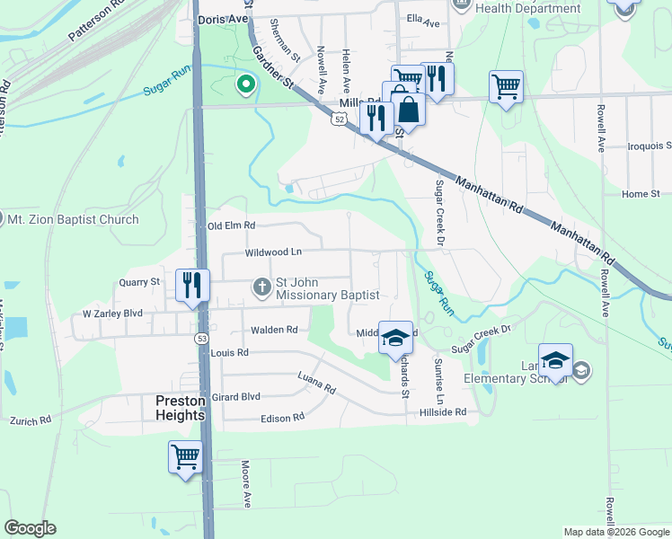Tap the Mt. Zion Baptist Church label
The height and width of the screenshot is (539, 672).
(x=73, y=219)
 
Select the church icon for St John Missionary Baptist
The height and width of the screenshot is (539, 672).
(x=261, y=287)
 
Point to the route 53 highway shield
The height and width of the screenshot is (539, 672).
(x=202, y=338)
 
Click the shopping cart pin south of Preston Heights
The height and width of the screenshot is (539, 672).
(x=185, y=456)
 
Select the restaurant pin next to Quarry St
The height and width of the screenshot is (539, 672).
(x=192, y=285)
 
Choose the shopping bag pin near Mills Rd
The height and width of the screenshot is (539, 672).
(x=408, y=110)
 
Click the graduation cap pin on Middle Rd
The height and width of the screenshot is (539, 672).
(x=394, y=338)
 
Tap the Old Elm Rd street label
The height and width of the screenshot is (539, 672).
(x=231, y=225)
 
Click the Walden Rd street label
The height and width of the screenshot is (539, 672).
(x=274, y=330)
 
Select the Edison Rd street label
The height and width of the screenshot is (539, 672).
(x=282, y=418)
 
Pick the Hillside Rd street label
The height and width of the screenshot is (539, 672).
(x=443, y=412)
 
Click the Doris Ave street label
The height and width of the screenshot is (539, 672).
(x=221, y=17)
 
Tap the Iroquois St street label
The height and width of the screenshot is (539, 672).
(x=650, y=145)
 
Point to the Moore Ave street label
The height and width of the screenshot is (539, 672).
(x=244, y=483)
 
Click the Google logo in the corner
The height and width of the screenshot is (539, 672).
(x=31, y=528)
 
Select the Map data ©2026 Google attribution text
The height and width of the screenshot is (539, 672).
(x=615, y=532)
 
